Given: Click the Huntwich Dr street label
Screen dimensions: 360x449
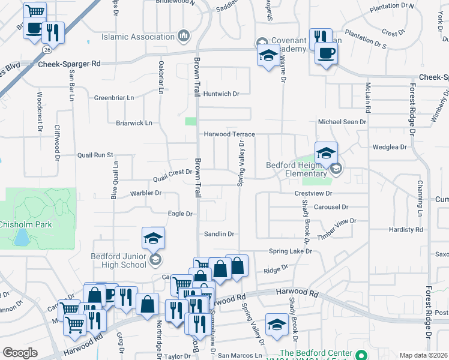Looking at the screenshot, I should (x=221, y=94).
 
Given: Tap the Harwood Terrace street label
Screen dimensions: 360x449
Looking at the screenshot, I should (x=229, y=134).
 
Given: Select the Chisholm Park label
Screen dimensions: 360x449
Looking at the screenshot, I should (x=25, y=224).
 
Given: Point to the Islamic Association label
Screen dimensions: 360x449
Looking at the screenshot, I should (x=137, y=37).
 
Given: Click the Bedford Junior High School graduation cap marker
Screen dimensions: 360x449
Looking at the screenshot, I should (x=153, y=238).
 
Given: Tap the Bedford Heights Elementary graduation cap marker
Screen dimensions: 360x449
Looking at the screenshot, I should (x=325, y=153).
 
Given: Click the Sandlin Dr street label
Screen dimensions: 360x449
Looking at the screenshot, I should (x=218, y=234).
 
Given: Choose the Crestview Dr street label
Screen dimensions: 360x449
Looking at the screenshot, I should (x=313, y=194).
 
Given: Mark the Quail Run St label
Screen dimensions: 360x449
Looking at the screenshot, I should (x=95, y=155).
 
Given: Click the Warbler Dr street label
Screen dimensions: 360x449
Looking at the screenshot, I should (x=146, y=193).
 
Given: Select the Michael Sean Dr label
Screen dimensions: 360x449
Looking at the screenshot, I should (x=342, y=122).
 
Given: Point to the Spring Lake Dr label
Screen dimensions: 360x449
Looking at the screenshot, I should (x=291, y=251).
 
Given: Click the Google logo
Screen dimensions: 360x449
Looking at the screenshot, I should (x=20, y=353).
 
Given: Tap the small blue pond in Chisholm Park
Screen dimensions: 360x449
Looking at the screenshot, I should (x=22, y=239).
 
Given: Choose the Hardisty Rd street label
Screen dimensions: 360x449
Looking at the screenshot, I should (x=406, y=230).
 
